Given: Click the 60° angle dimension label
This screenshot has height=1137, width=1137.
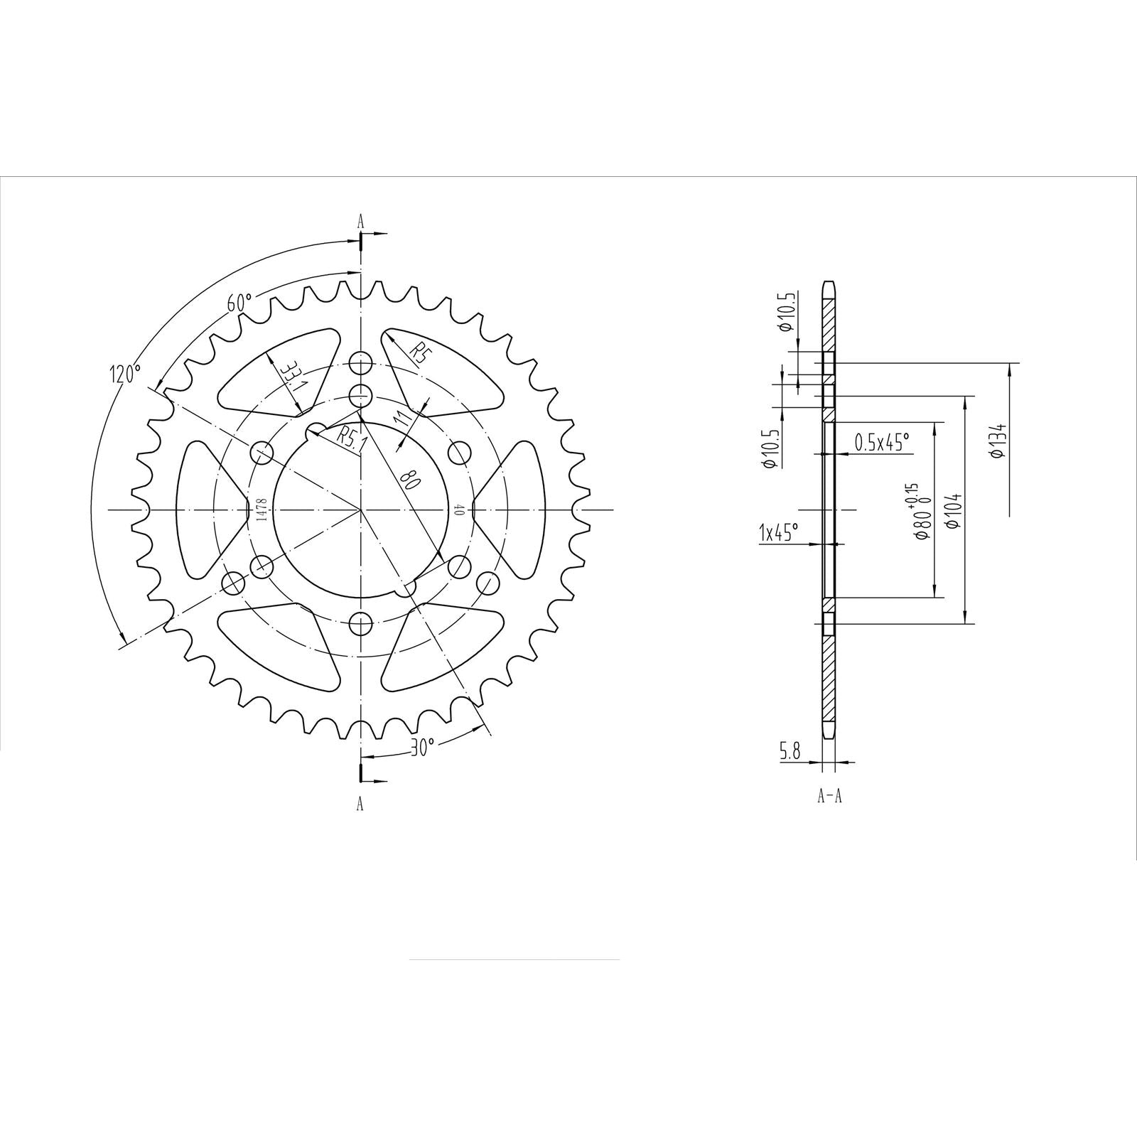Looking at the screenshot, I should coord(239,302).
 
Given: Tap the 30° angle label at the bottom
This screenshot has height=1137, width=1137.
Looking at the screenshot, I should coord(422,747).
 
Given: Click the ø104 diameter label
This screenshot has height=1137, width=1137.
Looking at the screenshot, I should coord(954,510).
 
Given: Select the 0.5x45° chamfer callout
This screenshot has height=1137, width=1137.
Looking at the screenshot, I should coord(881,443).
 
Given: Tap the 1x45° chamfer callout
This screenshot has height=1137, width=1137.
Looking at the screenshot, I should coord(779,531).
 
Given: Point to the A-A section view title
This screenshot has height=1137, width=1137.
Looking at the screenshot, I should coord(829,797).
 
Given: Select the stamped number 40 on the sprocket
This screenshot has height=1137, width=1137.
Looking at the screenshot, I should coord(459,510).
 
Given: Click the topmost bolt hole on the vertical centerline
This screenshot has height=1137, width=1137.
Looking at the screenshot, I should coord(361,361).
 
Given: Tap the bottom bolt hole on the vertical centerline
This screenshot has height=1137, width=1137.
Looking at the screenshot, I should coord(361,625).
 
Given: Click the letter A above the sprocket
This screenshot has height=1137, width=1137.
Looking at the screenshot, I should coord(360,221).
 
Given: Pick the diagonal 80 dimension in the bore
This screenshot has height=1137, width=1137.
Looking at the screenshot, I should coord(411,481).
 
